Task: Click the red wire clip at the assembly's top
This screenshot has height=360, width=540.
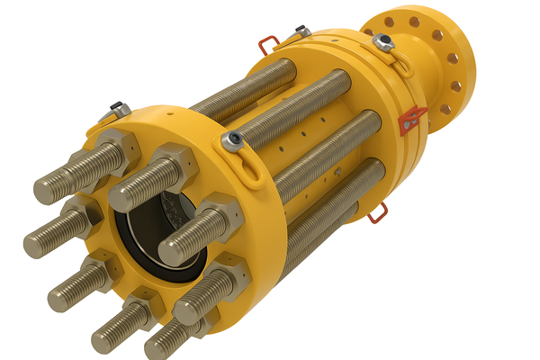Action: (x=267, y=43)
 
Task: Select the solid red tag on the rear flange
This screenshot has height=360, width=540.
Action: (x=413, y=119)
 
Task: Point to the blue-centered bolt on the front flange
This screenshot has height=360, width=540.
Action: (x=234, y=138)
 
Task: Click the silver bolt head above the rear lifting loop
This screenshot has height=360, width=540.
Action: (x=382, y=41)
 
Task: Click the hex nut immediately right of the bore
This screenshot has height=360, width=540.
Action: (x=220, y=217)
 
